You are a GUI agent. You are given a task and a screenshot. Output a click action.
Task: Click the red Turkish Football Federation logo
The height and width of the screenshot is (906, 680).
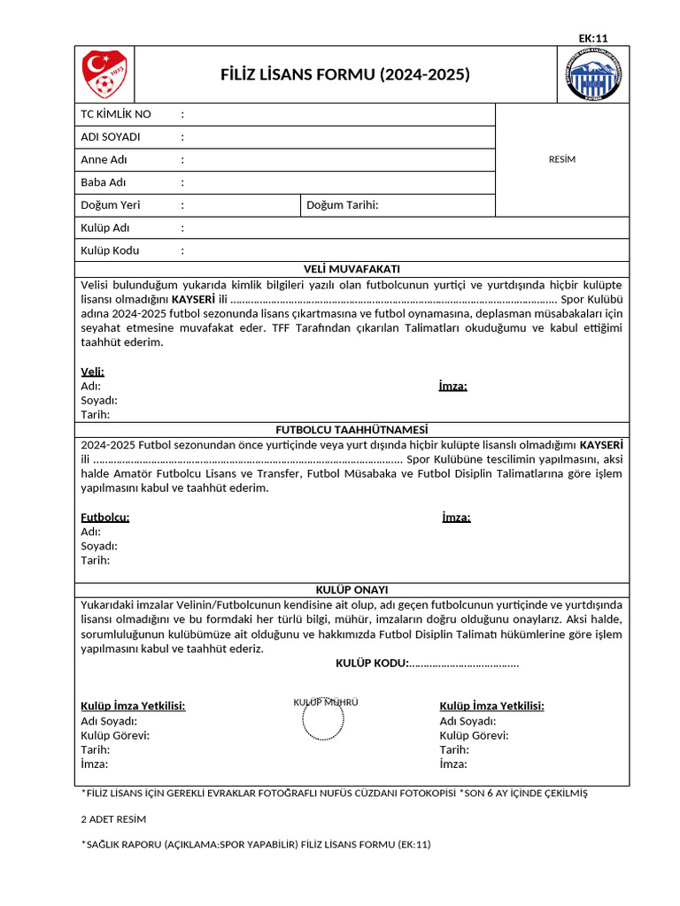pos(104,74)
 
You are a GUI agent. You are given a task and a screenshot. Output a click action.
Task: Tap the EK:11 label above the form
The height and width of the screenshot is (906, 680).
pos(592,38)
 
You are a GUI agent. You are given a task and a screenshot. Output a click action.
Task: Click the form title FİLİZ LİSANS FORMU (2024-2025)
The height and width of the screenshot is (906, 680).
pos(344,74)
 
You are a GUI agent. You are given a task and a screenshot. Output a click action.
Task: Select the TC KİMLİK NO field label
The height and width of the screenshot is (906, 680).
pos(116,114)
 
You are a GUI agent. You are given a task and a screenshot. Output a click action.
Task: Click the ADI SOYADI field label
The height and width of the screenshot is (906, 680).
pos(111,137)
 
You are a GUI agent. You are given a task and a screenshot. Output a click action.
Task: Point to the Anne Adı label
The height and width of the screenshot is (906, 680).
pos(104,160)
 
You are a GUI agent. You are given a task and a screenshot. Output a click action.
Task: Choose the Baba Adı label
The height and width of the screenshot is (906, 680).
pos(104,182)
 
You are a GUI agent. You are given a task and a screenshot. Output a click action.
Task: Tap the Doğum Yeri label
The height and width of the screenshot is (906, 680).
pos(111,205)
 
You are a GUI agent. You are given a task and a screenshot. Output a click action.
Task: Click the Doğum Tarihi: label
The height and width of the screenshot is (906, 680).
pos(342,205)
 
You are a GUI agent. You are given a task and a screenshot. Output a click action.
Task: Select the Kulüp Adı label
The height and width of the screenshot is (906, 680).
pos(105,228)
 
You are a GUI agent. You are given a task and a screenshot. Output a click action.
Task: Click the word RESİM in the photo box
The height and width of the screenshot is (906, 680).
pos(562,159)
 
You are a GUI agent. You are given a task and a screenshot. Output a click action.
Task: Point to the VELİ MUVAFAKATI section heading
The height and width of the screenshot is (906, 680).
pos(352,269)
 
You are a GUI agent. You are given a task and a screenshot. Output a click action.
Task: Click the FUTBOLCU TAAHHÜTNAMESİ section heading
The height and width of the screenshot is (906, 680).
pos(352,429)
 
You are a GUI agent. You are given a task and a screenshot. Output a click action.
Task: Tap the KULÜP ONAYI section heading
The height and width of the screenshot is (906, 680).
pos(352,589)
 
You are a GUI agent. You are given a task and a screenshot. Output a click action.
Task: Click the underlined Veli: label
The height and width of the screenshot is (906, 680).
pos(92,372)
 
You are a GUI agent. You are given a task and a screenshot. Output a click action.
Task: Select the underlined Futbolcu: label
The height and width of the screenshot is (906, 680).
pos(105,518)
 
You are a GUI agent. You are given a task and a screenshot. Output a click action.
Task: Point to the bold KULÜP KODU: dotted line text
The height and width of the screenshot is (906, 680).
pos(427,664)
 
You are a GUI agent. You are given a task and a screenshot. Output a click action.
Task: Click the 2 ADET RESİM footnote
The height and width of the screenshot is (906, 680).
pos(113,819)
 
